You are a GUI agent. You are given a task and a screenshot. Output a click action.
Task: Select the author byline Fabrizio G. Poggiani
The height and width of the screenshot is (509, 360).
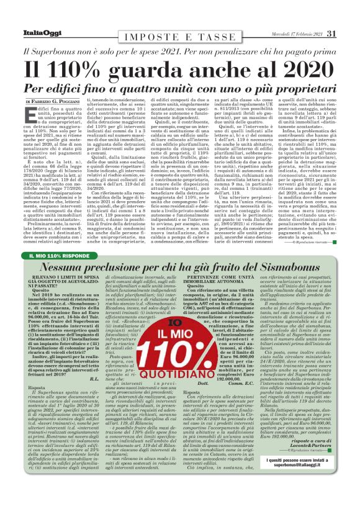tap(58, 101)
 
